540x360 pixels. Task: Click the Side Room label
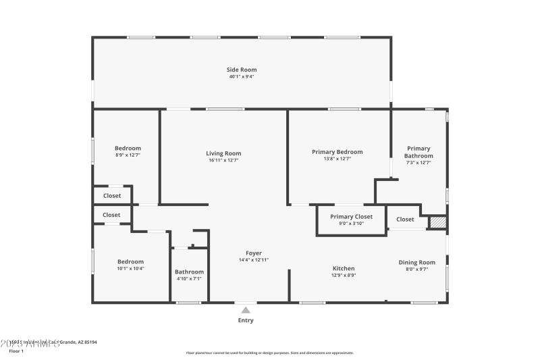[x=241, y=70]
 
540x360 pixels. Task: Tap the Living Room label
[x=223, y=153]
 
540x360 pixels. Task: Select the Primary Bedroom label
[x=337, y=152]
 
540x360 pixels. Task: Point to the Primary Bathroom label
[x=418, y=152]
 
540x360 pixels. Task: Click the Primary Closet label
[x=351, y=217]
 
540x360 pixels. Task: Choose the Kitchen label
[x=344, y=268]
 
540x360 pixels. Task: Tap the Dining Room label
[x=416, y=262]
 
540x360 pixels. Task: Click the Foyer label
[x=253, y=253]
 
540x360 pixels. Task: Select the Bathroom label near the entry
[x=189, y=272]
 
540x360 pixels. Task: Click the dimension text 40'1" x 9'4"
[x=241, y=76]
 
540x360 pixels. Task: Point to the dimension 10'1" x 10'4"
[x=131, y=268]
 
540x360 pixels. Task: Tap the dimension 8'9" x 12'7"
[x=128, y=155]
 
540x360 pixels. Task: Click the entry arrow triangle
[x=246, y=310]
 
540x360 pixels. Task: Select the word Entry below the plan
[x=246, y=320]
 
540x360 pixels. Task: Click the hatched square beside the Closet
[x=438, y=222]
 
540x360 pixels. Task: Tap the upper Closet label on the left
[x=112, y=196]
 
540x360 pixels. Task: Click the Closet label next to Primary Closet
[x=405, y=219]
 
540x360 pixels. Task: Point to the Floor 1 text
[x=16, y=351]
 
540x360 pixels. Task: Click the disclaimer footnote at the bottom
[x=269, y=353]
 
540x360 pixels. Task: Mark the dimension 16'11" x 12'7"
[x=223, y=160]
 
